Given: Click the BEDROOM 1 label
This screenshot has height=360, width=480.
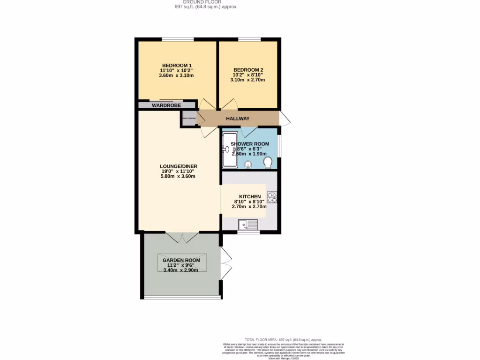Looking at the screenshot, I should tap(176, 65).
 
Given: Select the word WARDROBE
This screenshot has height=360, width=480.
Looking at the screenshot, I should tap(166, 105).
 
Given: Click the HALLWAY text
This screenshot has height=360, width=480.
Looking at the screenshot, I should tap(238, 119).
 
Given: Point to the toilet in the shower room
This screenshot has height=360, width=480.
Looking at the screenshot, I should tap(268, 162).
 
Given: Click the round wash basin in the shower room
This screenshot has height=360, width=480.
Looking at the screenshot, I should tap(247, 164).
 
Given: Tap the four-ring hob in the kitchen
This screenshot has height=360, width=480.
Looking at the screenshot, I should tap(272, 197).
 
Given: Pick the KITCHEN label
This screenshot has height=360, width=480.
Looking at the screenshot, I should tap(249, 196).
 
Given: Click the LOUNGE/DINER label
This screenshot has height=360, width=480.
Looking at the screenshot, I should tap(178, 166).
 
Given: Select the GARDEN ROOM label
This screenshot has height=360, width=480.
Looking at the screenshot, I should tap(181, 260).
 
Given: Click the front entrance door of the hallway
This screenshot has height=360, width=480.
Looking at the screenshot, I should tap(285, 119).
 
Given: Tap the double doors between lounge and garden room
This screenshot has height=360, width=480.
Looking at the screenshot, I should tap(182, 237).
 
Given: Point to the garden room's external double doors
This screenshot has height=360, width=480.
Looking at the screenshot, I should tap(226, 263).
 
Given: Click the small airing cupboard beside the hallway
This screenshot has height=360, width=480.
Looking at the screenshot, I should tap(189, 119).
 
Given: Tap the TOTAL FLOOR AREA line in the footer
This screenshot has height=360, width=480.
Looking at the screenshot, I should tap(284, 339).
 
